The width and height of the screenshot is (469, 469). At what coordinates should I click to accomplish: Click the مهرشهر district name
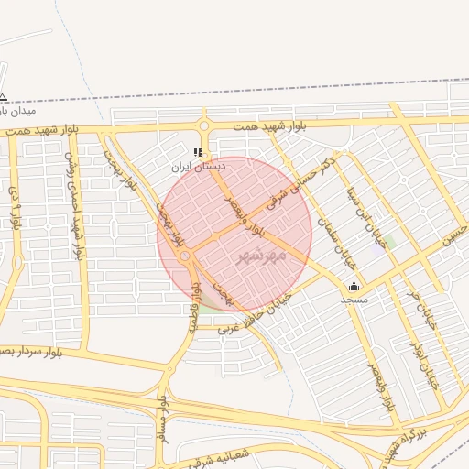pyautogui.click(x=262, y=254)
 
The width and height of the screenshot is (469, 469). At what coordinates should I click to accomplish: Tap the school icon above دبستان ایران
pyautogui.click(x=198, y=153)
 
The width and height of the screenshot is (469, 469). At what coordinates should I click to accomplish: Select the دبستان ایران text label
pyautogui.click(x=198, y=168)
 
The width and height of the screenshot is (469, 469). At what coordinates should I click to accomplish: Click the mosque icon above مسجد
pyautogui.click(x=354, y=286)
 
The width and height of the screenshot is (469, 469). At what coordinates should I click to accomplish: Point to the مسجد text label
pyautogui.click(x=354, y=300)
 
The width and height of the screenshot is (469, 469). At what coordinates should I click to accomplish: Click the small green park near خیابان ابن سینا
pyautogui.click(x=388, y=243)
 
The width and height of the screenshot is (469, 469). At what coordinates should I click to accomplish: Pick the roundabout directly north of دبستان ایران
pyautogui.click(x=204, y=125)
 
